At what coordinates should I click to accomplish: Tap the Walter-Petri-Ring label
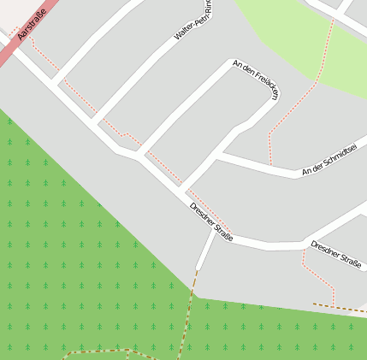(192, 25)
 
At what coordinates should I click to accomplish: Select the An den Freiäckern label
(256, 80)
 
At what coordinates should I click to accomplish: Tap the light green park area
(282, 26)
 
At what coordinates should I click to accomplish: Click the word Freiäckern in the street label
(264, 86)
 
